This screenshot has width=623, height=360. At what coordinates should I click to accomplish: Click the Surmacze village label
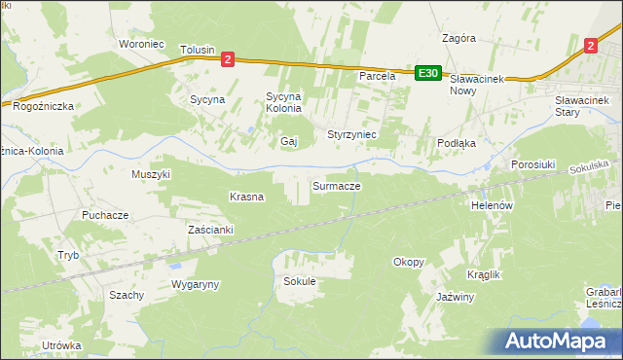[x=337, y=185]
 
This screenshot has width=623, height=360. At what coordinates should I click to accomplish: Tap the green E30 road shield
[x=428, y=72]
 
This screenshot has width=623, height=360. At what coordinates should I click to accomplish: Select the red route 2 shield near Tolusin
[x=227, y=59]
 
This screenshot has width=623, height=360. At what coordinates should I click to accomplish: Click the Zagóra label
[x=458, y=39]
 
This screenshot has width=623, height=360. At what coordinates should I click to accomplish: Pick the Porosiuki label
[x=532, y=164]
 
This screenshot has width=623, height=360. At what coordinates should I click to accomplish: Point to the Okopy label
[x=408, y=262]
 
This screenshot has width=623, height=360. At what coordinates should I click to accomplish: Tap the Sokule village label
[x=300, y=281]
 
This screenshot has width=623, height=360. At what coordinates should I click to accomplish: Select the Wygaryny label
[x=196, y=284]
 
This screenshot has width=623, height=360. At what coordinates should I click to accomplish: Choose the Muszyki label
[x=151, y=174]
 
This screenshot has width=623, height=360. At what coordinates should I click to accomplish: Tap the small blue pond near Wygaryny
[x=174, y=264]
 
